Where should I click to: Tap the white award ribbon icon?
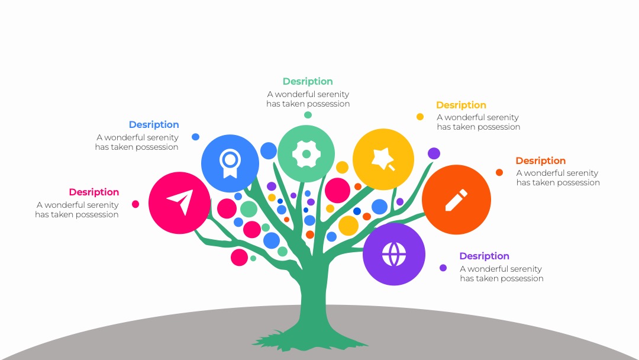pos(230,163)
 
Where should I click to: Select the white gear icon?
pos(306,154)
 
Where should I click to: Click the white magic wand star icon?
pos(383,159)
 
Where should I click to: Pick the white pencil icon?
pos(456,200)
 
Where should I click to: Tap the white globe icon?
pos(394,254)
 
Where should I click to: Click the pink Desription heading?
pos(93,192)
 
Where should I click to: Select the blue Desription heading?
pos(154,124)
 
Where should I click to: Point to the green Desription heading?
pos(308,81)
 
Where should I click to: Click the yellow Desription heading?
pos(461,105)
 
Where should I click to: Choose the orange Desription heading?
pos(540,160)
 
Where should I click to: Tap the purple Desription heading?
pos(484,256)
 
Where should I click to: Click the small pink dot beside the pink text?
pos(135,204)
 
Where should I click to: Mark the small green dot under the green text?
pos(308,115)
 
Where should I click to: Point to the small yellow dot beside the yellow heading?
pos(420,117)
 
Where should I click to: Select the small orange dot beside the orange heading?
pos(499,172)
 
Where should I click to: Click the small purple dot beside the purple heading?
pos(443,268)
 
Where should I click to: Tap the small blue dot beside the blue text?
pos(196,137)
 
